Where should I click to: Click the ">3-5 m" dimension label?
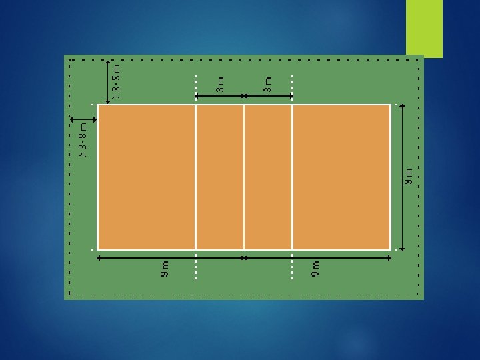coord(117,81)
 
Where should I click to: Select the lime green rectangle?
coord(425,29)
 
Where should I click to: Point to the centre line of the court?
coord(244,177)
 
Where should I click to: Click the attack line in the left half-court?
coord(195,177)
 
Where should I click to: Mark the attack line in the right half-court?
coord(293,177)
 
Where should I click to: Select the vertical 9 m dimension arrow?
coord(403,177)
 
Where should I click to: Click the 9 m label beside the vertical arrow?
coord(411,177)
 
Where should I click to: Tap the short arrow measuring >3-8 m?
coord(85,119)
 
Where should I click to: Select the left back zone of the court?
coord(147,177)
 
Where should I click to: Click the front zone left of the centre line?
coord(220,177)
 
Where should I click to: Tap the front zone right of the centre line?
coord(269,177)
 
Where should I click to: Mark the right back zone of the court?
coord(341,177)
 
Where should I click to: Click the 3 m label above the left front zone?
coord(220,84)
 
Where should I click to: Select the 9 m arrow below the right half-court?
coord(317,257)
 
